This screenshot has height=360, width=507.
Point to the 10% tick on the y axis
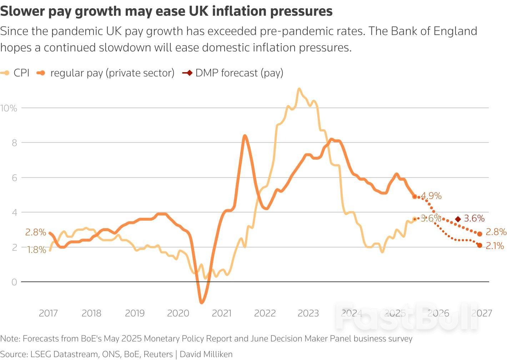pos(9,108)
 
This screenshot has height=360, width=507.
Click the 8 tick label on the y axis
pos(14,143)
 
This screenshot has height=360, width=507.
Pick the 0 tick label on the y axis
pos(14,282)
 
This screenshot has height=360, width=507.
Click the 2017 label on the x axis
pos(48,313)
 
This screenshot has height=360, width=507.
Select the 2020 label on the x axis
pos(178,313)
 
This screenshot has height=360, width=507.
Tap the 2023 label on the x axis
pos(308,313)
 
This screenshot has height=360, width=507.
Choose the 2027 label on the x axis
pos(482,313)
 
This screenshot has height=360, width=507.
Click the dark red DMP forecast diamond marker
pos(458,219)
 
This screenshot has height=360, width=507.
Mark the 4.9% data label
pos(431,196)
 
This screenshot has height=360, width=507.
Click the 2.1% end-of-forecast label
pos(495,246)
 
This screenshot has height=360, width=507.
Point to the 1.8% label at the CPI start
pos(36,250)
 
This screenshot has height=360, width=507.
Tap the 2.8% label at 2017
pos(36,232)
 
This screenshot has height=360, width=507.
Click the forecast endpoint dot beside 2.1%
pos(480,245)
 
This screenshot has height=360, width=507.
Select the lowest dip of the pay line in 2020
pos(202,302)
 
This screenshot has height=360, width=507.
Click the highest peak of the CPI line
pos(299,89)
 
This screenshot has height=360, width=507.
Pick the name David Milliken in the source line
pos(206,354)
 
